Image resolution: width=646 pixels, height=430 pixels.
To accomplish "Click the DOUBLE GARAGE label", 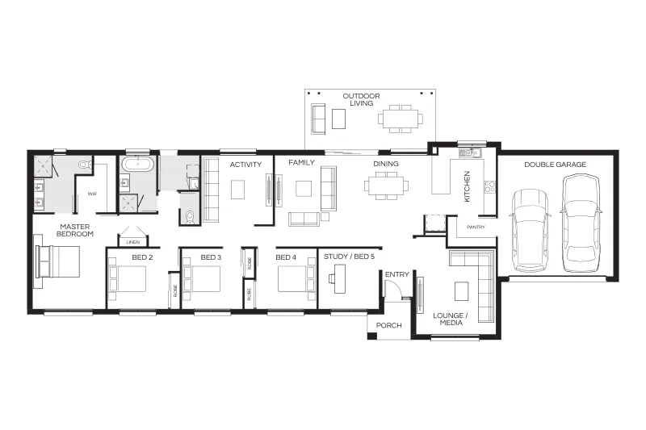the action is pyautogui.click(x=555, y=165).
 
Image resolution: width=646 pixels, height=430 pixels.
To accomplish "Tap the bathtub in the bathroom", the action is pyautogui.click(x=138, y=165).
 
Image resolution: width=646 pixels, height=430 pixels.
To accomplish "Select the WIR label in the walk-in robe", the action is pyautogui.click(x=92, y=194).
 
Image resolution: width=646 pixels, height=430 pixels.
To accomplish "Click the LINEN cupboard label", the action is pyautogui.click(x=132, y=242).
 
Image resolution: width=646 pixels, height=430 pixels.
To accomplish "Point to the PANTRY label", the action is pyautogui.click(x=476, y=228).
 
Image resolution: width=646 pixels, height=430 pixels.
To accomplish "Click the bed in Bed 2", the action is pyautogui.click(x=127, y=279).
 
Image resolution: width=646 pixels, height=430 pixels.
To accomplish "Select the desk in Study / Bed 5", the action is pyautogui.click(x=338, y=278).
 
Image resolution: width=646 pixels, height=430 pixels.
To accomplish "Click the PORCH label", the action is pyautogui.click(x=388, y=325).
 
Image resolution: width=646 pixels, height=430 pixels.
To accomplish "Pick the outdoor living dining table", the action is pyautogui.click(x=401, y=119).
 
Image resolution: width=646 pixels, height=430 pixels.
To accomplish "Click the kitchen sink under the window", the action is pyautogui.click(x=470, y=152).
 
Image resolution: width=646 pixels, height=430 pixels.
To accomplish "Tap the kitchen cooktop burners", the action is pyautogui.click(x=489, y=186).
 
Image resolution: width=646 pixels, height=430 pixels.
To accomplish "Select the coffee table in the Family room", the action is pyautogui.click(x=304, y=189).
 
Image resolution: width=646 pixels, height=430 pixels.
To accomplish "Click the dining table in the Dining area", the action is pyautogui.click(x=386, y=186).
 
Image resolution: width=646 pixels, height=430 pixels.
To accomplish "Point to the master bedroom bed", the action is pyautogui.click(x=57, y=261).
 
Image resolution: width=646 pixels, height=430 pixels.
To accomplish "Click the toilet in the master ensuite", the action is pyautogui.click(x=86, y=165).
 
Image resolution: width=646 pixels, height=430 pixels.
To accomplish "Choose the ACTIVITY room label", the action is pyautogui.click(x=245, y=165).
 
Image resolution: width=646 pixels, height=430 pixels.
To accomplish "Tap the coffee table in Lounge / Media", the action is pyautogui.click(x=461, y=291).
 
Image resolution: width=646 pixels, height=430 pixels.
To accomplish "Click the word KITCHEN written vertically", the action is pyautogui.click(x=467, y=186).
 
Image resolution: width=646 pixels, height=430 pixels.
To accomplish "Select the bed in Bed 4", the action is pyautogui.click(x=296, y=279).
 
